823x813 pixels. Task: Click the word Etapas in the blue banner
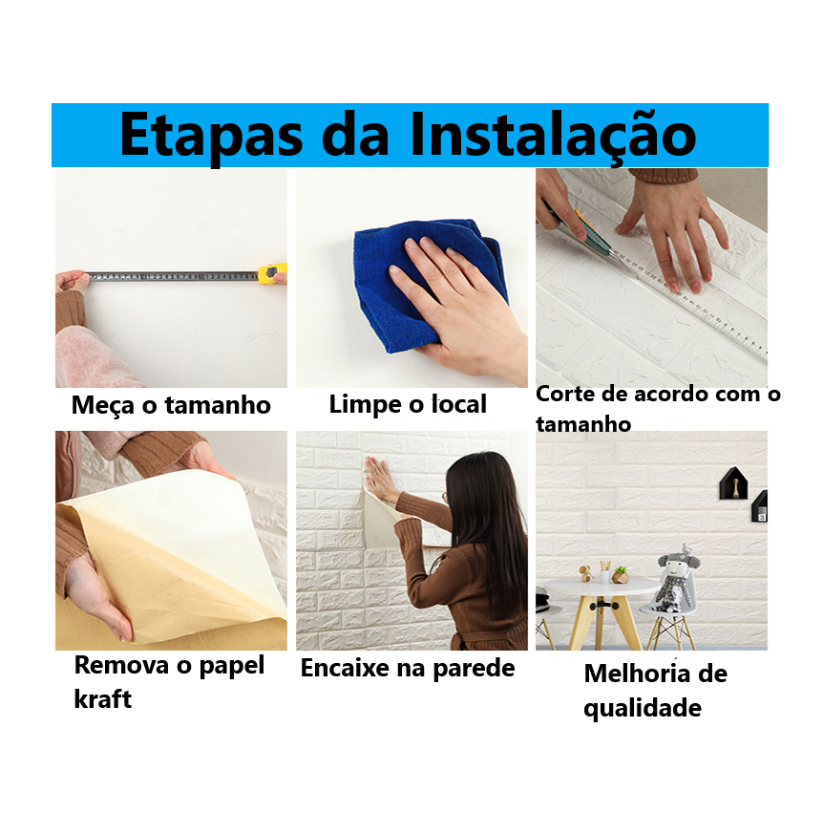(212, 136)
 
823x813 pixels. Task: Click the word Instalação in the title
(553, 136)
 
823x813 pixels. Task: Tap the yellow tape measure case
(271, 273)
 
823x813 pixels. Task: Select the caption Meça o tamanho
(171, 405)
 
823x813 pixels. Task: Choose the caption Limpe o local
(408, 405)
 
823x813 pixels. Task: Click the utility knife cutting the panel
(582, 230)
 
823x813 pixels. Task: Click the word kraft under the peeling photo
(103, 699)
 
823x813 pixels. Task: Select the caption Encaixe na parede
(408, 668)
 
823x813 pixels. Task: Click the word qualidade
(643, 709)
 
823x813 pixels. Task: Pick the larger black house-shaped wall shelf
(733, 483)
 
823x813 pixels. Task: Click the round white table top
(601, 587)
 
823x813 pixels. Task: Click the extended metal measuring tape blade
(172, 276)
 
